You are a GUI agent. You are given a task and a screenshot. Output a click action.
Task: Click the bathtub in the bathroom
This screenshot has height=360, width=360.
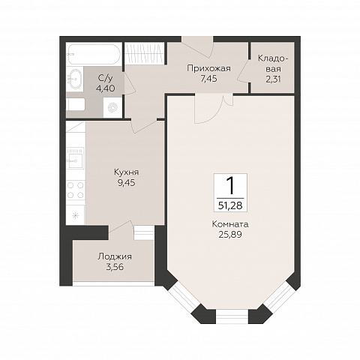coord(94,55)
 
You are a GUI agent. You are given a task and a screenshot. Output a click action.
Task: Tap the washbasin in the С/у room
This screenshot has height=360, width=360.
coord(75,78)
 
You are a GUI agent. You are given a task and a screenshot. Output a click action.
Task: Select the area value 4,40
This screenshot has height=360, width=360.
coord(106,88)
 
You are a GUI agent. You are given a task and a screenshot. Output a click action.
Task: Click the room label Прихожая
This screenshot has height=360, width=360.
coord(208,68)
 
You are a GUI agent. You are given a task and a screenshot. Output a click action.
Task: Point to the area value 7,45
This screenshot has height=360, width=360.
coord(208,79)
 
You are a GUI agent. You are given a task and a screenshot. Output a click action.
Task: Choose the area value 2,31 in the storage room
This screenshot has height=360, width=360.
coord(273,79)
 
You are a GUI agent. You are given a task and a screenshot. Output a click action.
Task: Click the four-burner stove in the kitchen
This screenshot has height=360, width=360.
coord(76,190)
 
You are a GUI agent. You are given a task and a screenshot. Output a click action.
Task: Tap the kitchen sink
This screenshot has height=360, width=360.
coord(76,158)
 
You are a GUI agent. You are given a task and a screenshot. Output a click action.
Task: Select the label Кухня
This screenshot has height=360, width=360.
coord(126,172)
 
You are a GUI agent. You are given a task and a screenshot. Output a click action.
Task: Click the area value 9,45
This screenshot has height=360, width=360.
coord(126,183)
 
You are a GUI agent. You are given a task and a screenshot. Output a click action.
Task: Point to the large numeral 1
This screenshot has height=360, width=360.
coord(230,185)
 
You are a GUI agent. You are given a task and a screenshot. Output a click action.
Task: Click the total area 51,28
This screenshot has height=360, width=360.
coord(230,205)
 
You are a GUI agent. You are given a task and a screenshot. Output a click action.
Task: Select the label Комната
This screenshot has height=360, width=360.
coord(230,224)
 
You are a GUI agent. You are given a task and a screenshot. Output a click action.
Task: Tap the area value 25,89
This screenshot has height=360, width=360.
coord(230,235)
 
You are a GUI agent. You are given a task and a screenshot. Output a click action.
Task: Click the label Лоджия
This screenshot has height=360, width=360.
coord(115,256)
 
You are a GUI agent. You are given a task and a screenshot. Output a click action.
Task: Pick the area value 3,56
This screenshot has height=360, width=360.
coord(115,267)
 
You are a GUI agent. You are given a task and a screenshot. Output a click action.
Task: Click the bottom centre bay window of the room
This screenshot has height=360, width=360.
coord(232,316)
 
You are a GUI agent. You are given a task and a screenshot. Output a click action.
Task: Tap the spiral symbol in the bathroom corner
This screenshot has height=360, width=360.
coord(112,107)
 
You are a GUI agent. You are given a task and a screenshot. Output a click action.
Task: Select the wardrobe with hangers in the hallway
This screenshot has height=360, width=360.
coord(145,52)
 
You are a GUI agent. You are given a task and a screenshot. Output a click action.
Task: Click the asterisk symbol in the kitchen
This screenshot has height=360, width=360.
coord(75,215)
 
